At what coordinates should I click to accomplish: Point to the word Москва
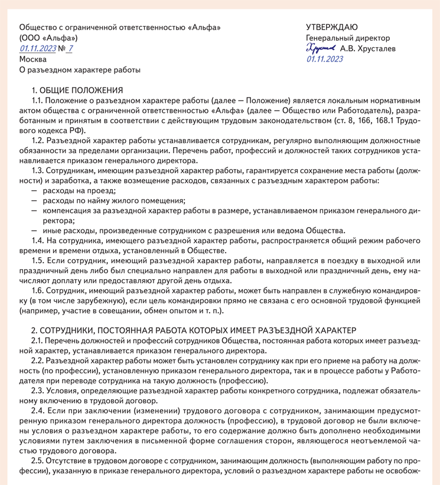(32, 60)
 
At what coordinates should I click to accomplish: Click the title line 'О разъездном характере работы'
(80, 70)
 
